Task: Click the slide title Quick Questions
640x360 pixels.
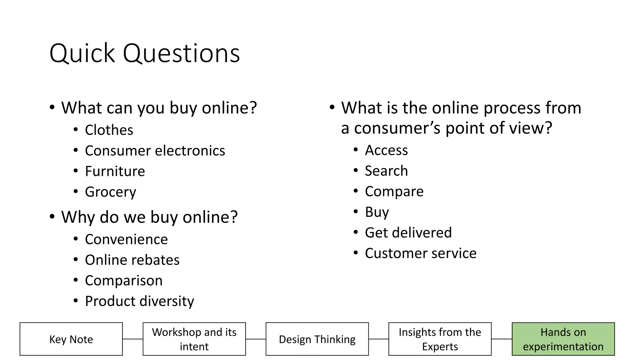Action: pos(144,53)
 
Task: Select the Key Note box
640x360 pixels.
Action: pos(71,339)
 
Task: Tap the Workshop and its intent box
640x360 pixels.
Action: pos(194,339)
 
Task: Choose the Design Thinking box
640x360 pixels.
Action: pos(317,339)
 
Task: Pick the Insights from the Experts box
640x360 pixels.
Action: pos(440,339)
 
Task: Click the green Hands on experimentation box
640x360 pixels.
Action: pos(563,339)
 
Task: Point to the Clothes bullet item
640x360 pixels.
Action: pos(109,130)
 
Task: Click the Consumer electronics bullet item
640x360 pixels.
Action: pos(155,151)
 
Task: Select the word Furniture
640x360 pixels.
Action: pos(115,171)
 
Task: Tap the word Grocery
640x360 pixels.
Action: pos(110,192)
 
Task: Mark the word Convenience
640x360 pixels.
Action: pos(126,239)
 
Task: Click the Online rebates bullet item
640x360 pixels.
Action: pos(132,260)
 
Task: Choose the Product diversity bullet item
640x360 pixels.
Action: pos(139,301)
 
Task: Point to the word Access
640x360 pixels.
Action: pos(386,150)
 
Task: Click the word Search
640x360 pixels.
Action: pos(386,171)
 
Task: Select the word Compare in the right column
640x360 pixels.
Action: pos(394,192)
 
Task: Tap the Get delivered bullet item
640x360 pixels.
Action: pos(408,233)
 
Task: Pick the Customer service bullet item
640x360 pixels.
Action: pos(420,253)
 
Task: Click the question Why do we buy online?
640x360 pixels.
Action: pos(149,217)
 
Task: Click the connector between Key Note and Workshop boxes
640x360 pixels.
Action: pos(132,339)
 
